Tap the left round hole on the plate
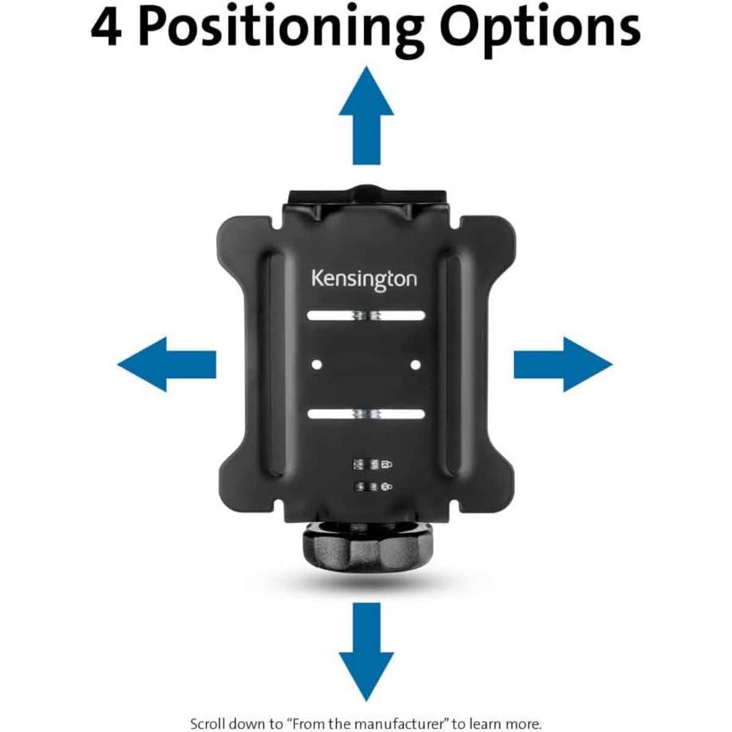point(316,364)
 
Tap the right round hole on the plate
point(415,364)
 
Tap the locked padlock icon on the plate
point(386,465)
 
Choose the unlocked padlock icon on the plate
point(386,486)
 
